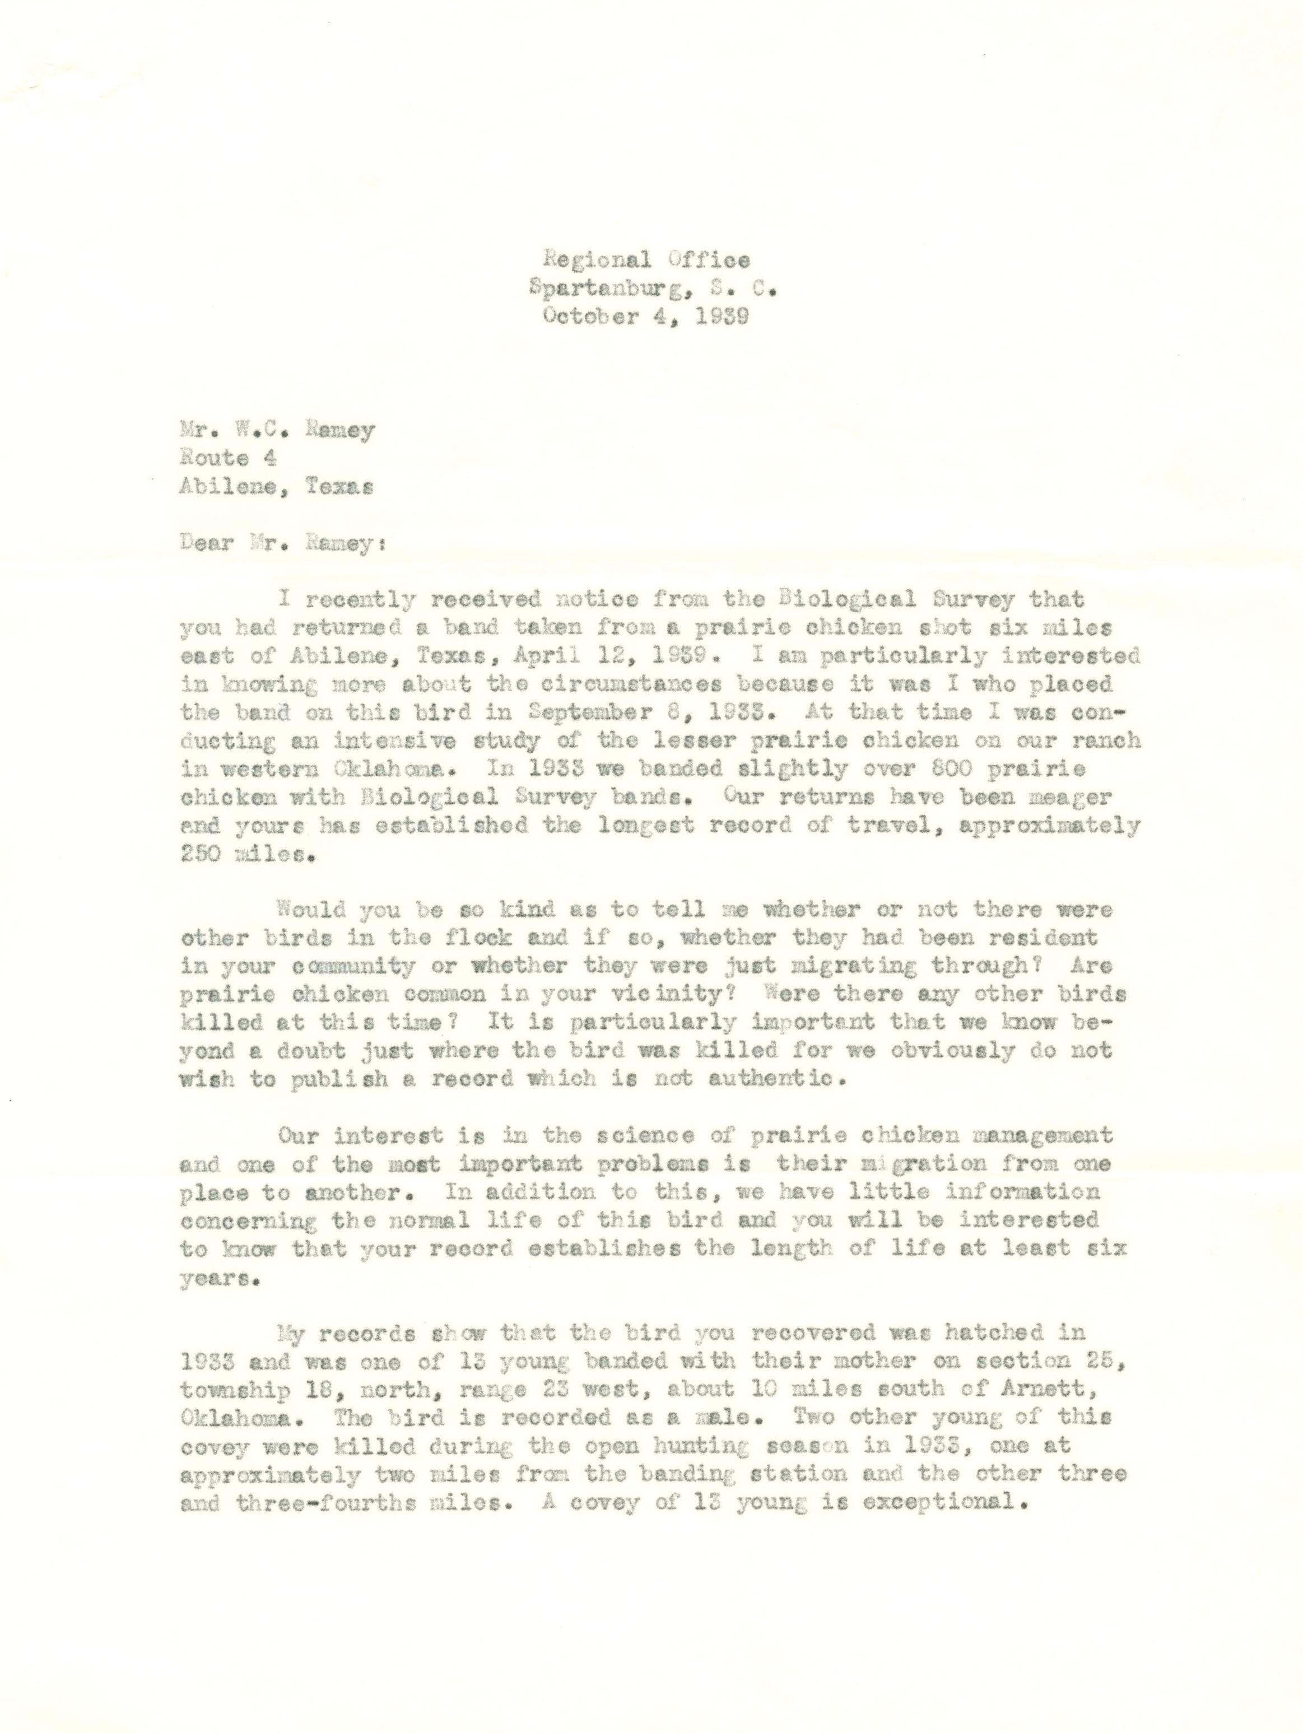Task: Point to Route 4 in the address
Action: point(227,458)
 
